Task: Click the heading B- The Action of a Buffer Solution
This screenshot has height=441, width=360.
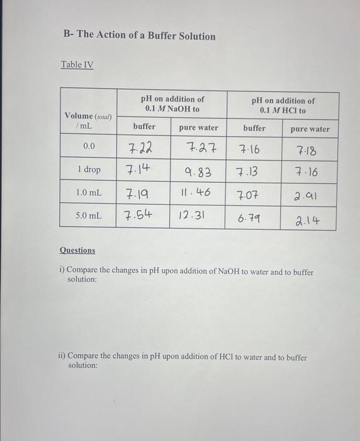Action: tap(139, 36)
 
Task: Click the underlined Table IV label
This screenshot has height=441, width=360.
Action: tap(77, 64)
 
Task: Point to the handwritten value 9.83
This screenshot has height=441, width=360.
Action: tap(198, 171)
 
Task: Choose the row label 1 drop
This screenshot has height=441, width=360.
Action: tap(89, 170)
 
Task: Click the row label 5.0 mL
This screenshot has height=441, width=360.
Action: tap(88, 215)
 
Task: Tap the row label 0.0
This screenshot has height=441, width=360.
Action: tap(89, 146)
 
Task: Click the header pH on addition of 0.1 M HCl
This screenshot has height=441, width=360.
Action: tap(283, 105)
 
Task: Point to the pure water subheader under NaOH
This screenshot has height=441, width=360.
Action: tap(199, 128)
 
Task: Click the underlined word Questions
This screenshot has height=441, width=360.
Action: tap(77, 250)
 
